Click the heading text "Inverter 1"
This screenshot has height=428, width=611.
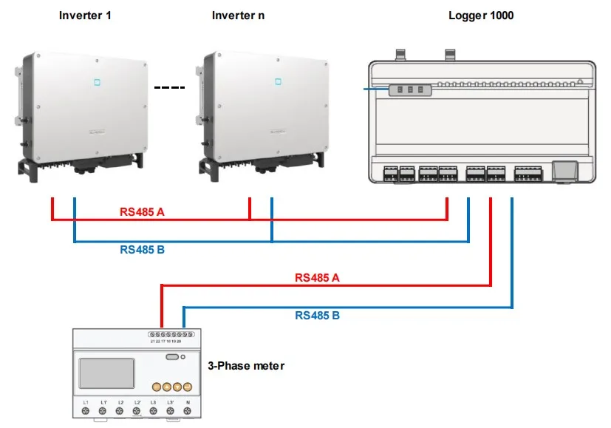coord(85,15)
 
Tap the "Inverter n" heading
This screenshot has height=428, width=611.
coord(238,15)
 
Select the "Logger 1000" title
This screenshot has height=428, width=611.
coord(481,15)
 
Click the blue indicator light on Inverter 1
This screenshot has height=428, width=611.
coord(96,81)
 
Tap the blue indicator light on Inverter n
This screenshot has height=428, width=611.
coord(279,81)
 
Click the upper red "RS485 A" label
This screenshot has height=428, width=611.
coord(142,212)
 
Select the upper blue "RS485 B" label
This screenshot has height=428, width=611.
coord(142,250)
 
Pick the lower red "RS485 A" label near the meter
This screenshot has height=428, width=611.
coord(317,278)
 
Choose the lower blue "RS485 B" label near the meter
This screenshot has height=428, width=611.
coord(317,316)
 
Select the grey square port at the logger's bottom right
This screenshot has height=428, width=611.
coord(565,170)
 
